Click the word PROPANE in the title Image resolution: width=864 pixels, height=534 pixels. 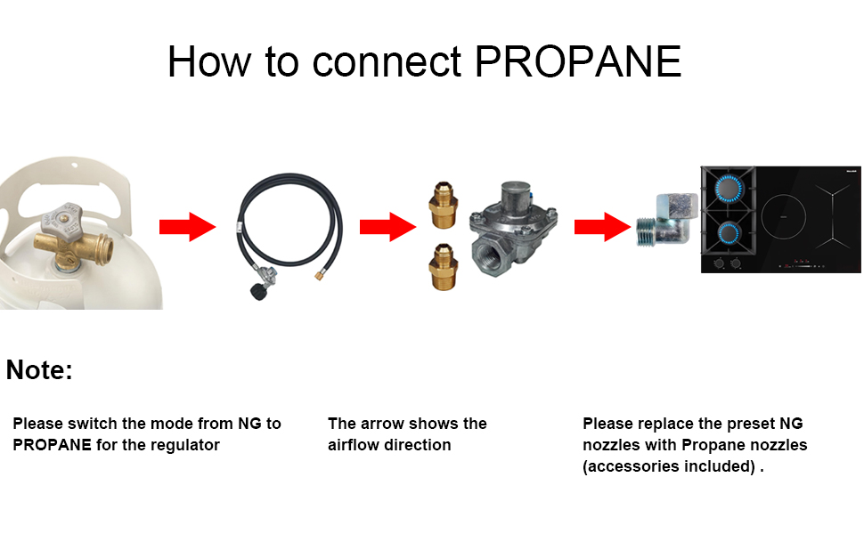coord(578,61)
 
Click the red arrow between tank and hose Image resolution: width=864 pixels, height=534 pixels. coord(187,228)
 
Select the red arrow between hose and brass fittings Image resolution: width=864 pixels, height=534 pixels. coord(387,228)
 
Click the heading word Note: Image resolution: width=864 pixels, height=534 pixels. coord(39,370)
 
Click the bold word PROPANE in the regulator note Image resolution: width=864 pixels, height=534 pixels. coord(52,444)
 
